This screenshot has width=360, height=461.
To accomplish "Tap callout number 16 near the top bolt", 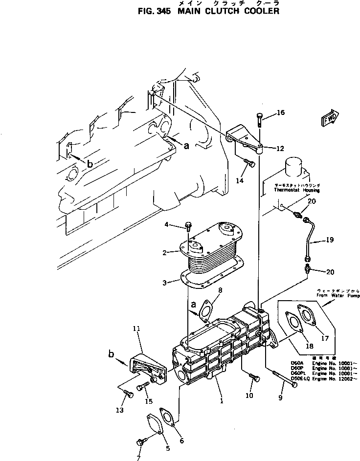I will click(x=281, y=113).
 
